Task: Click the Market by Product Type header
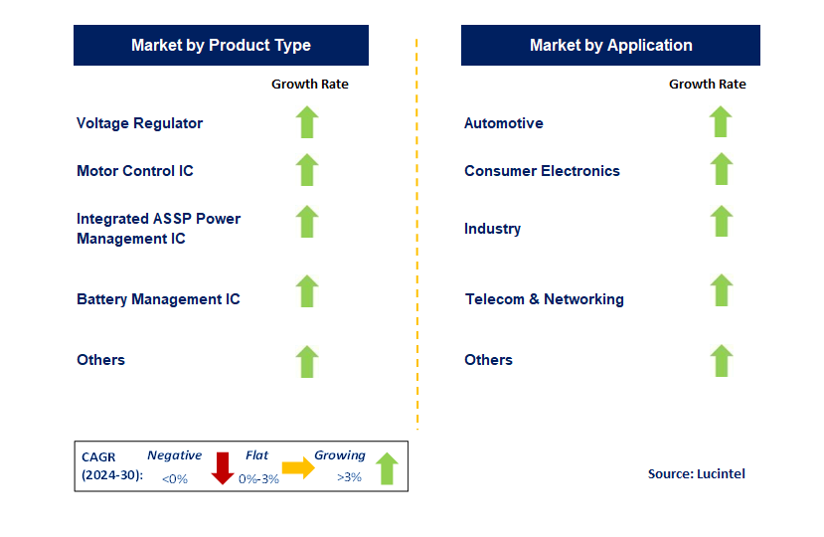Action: pos(221,46)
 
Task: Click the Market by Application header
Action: pos(610,46)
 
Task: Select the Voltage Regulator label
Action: pos(139,123)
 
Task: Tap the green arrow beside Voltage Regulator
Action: pos(307,122)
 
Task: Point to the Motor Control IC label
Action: pos(135,171)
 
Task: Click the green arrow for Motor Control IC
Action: pos(307,170)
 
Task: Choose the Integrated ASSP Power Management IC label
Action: pos(158,229)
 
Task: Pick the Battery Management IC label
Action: pos(158,299)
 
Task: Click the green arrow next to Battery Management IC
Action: pos(307,291)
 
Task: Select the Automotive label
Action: pos(503,123)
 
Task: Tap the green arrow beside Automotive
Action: pos(721,122)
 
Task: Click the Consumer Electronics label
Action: pos(542,171)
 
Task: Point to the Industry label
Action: pos(492,229)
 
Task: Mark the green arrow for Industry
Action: pos(721,221)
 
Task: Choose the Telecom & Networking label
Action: pos(544,299)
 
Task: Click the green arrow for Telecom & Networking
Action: pos(721,291)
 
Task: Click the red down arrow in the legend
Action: pos(222,468)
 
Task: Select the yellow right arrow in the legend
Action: pos(297,467)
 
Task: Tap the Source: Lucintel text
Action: pos(696,474)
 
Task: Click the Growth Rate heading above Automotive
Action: pos(707,85)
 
